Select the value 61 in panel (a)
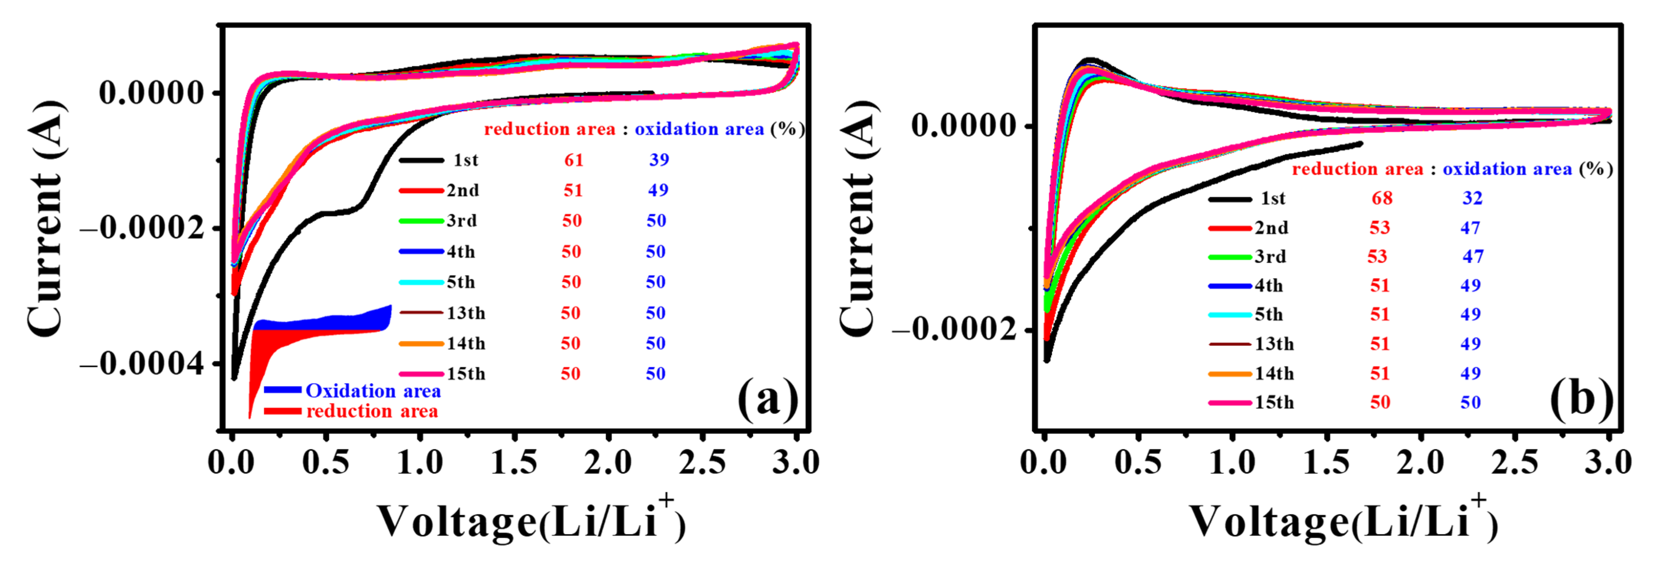point(574,160)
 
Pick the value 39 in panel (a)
point(659,160)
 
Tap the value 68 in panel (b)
point(1382,198)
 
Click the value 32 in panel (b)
point(1472,198)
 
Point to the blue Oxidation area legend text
point(373,391)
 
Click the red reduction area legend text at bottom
point(372,411)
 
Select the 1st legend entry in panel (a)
point(465,160)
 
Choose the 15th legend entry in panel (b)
point(1274,402)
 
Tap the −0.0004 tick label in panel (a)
point(143,364)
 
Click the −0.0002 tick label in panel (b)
point(955,330)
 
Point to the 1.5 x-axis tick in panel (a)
point(514,462)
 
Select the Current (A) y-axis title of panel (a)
point(46,219)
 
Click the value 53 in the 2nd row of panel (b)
point(1380,227)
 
